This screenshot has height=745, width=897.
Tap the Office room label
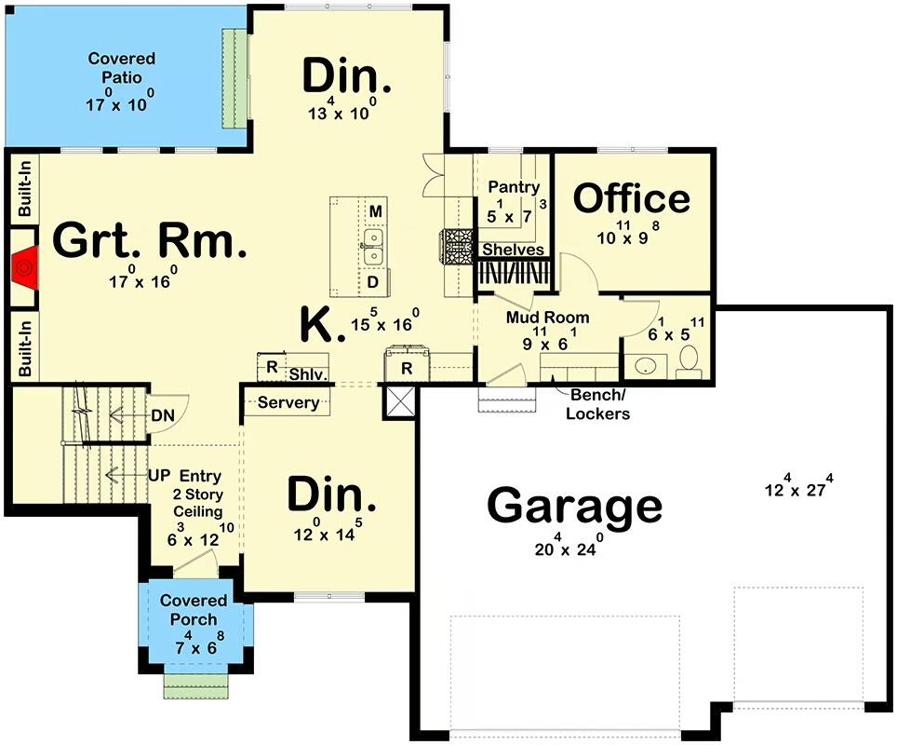632,198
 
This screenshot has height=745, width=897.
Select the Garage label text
574,508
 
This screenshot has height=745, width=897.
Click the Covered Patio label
122,67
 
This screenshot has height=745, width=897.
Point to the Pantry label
514,187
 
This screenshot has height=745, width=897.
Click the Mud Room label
547,318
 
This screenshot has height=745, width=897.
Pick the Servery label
288,403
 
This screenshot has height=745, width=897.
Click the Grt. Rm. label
150,240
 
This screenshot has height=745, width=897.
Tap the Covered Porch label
194,610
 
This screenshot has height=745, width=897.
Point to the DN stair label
164,415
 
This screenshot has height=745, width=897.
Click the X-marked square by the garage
400,402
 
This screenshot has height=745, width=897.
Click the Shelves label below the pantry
512,250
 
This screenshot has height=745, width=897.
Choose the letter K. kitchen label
319,325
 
